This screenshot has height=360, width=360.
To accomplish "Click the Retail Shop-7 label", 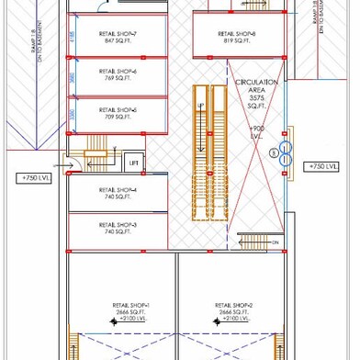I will pyautogui.click(x=118, y=37).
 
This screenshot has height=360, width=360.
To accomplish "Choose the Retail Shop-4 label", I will pyautogui.click(x=118, y=193).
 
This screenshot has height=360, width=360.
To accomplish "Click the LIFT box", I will pyautogui.click(x=133, y=163).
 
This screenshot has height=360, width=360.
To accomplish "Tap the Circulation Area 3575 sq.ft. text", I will pyautogui.click(x=256, y=95).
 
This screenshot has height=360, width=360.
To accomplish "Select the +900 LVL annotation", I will pyautogui.click(x=258, y=130).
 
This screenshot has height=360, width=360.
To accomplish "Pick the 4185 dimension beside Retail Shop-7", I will pyautogui.click(x=72, y=38).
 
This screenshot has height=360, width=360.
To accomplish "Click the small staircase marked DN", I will pyautogui.click(x=256, y=242).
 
